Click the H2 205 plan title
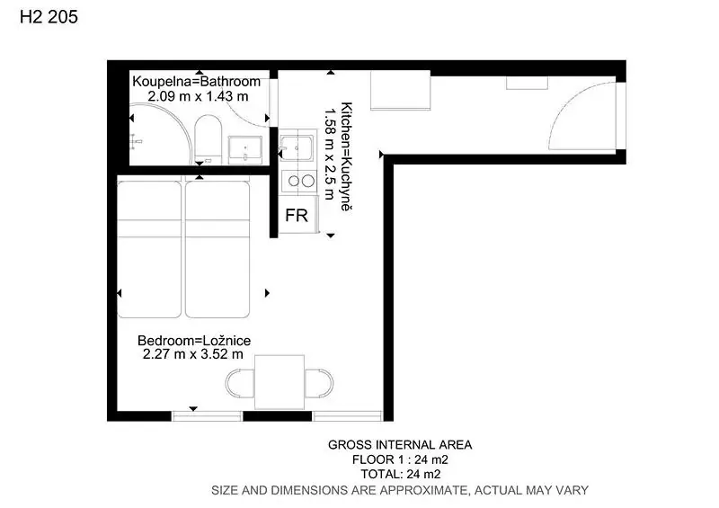click(x=49, y=17)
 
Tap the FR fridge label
click(x=297, y=215)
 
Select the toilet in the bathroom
click(x=208, y=138)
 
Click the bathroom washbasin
click(x=245, y=149)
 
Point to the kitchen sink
click(x=297, y=146)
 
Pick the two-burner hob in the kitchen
click(x=298, y=181)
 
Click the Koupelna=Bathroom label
click(x=196, y=82)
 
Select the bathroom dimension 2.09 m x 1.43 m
click(x=198, y=96)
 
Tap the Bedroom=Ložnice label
click(x=194, y=341)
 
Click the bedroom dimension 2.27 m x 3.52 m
click(x=193, y=354)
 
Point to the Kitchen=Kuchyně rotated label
click(x=347, y=156)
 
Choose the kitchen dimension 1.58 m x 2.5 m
click(x=330, y=154)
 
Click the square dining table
click(x=280, y=382)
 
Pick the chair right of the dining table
click(x=319, y=383)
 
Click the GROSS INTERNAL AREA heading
click(x=400, y=445)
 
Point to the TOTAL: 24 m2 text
click(x=401, y=474)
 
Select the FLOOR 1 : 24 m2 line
click(x=400, y=459)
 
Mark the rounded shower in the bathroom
click(x=160, y=134)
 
